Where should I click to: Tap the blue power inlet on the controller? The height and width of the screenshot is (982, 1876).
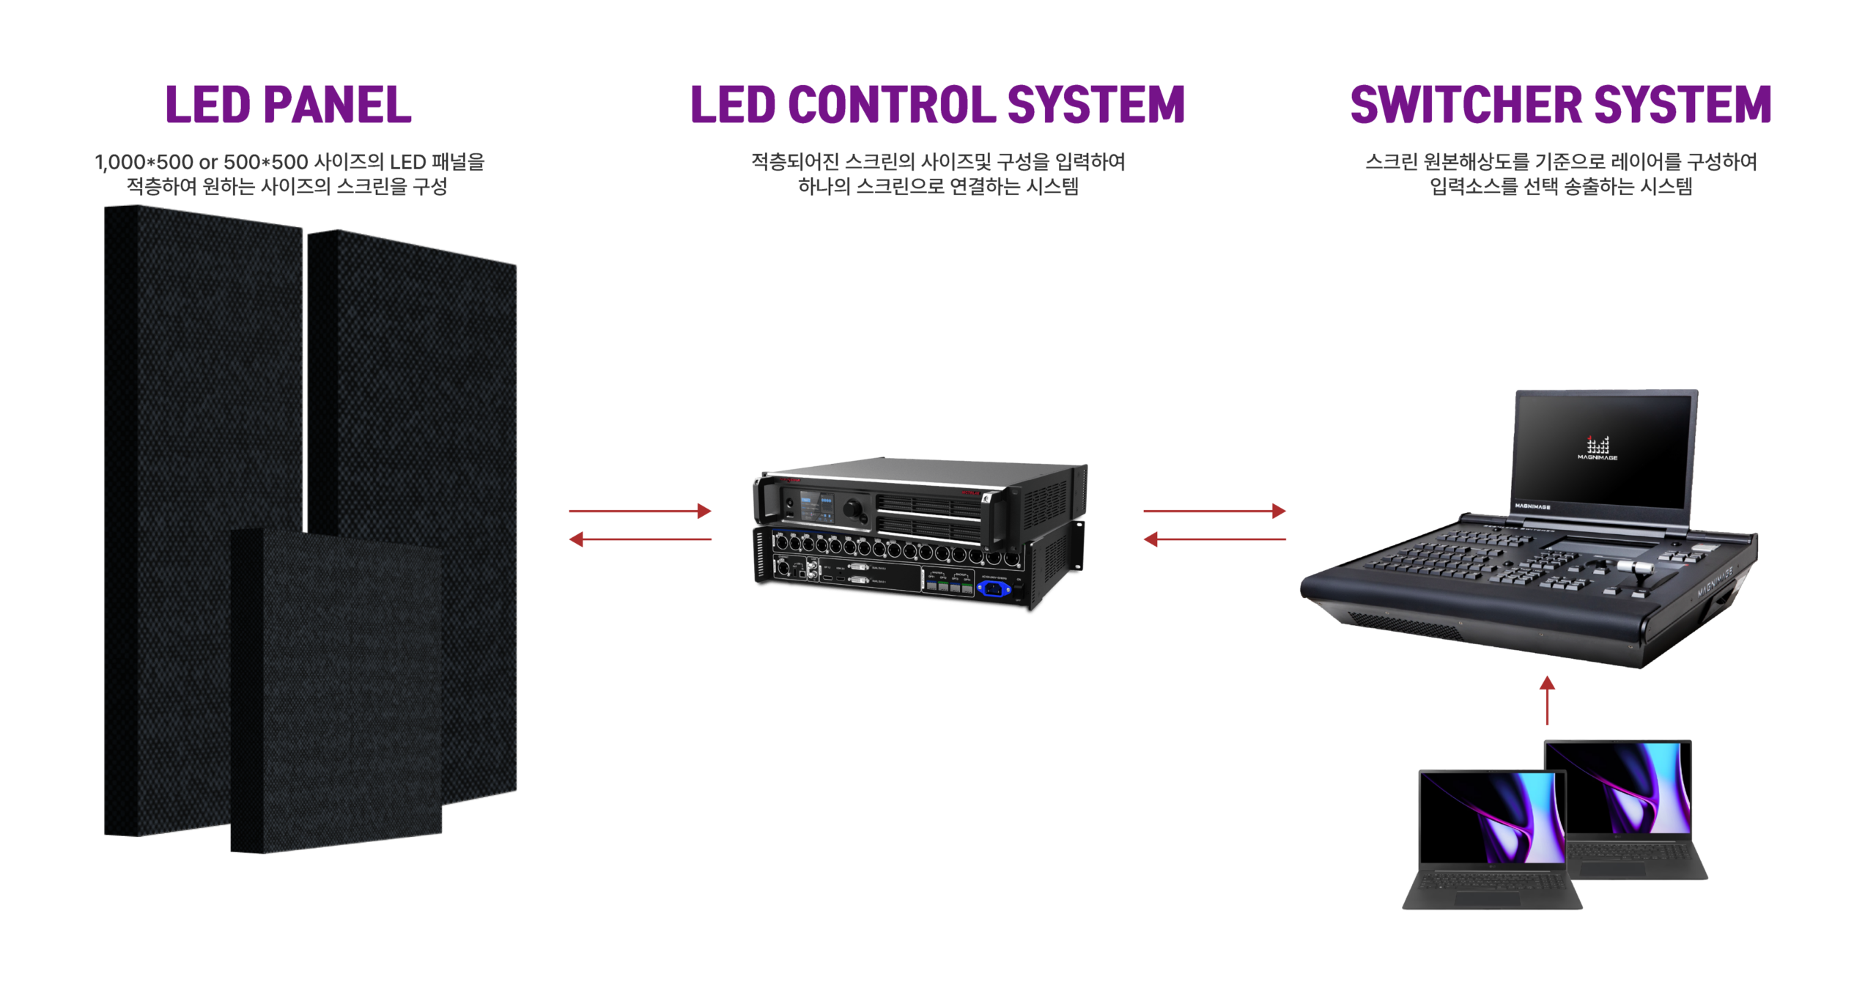point(993,588)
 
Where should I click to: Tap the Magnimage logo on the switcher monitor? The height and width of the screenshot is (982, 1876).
point(1598,447)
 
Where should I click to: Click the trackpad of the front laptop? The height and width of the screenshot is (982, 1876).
point(1488,898)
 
